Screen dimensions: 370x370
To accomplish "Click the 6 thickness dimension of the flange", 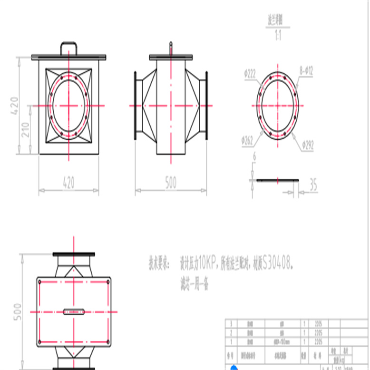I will coord(254,156).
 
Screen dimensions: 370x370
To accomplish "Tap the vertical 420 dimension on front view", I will coord(14,106).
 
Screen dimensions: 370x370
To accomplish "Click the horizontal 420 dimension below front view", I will coord(68,182).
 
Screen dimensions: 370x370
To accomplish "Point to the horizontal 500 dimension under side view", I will coord(170,183).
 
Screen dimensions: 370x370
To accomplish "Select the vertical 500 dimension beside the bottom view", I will coord(17,312).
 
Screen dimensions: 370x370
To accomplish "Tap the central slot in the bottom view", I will coord(74,312).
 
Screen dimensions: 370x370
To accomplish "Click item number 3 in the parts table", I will coord(232,323).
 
